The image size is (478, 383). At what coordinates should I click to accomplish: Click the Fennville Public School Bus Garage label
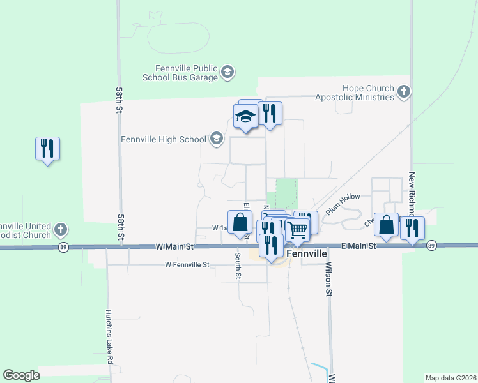(x=187, y=73)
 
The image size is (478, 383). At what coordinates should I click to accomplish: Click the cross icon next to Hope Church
(x=403, y=93)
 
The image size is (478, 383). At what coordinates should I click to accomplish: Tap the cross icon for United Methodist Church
(x=60, y=229)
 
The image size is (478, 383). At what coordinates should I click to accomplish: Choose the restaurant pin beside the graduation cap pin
(x=270, y=114)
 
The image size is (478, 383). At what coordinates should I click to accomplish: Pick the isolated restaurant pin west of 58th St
(x=47, y=149)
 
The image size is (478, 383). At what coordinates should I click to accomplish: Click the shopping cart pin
(x=297, y=228)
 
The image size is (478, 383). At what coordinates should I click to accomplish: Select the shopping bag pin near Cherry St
(x=386, y=225)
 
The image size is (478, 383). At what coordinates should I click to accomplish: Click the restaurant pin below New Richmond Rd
(x=412, y=228)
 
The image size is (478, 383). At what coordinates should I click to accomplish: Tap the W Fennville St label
(x=187, y=264)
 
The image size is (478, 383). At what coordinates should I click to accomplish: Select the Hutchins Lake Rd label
(x=110, y=336)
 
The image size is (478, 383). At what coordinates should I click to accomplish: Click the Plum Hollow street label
(x=343, y=204)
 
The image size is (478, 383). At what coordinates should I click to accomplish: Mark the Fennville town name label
(x=307, y=253)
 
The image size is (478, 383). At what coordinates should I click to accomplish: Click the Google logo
(x=21, y=375)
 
